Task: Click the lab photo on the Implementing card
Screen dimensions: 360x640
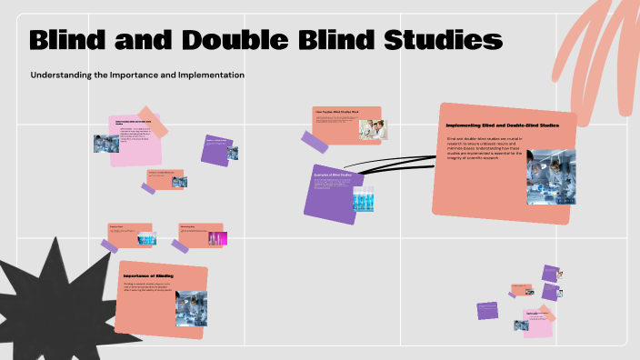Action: point(550,175)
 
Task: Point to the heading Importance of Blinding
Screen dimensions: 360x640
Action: point(148,275)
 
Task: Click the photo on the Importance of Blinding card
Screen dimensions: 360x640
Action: point(191,307)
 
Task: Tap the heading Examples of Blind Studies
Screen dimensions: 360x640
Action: point(333,174)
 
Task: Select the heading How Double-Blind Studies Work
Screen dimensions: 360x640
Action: point(336,112)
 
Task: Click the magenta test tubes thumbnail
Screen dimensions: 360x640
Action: point(215,238)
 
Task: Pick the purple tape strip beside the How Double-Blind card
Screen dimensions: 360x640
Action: point(315,142)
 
